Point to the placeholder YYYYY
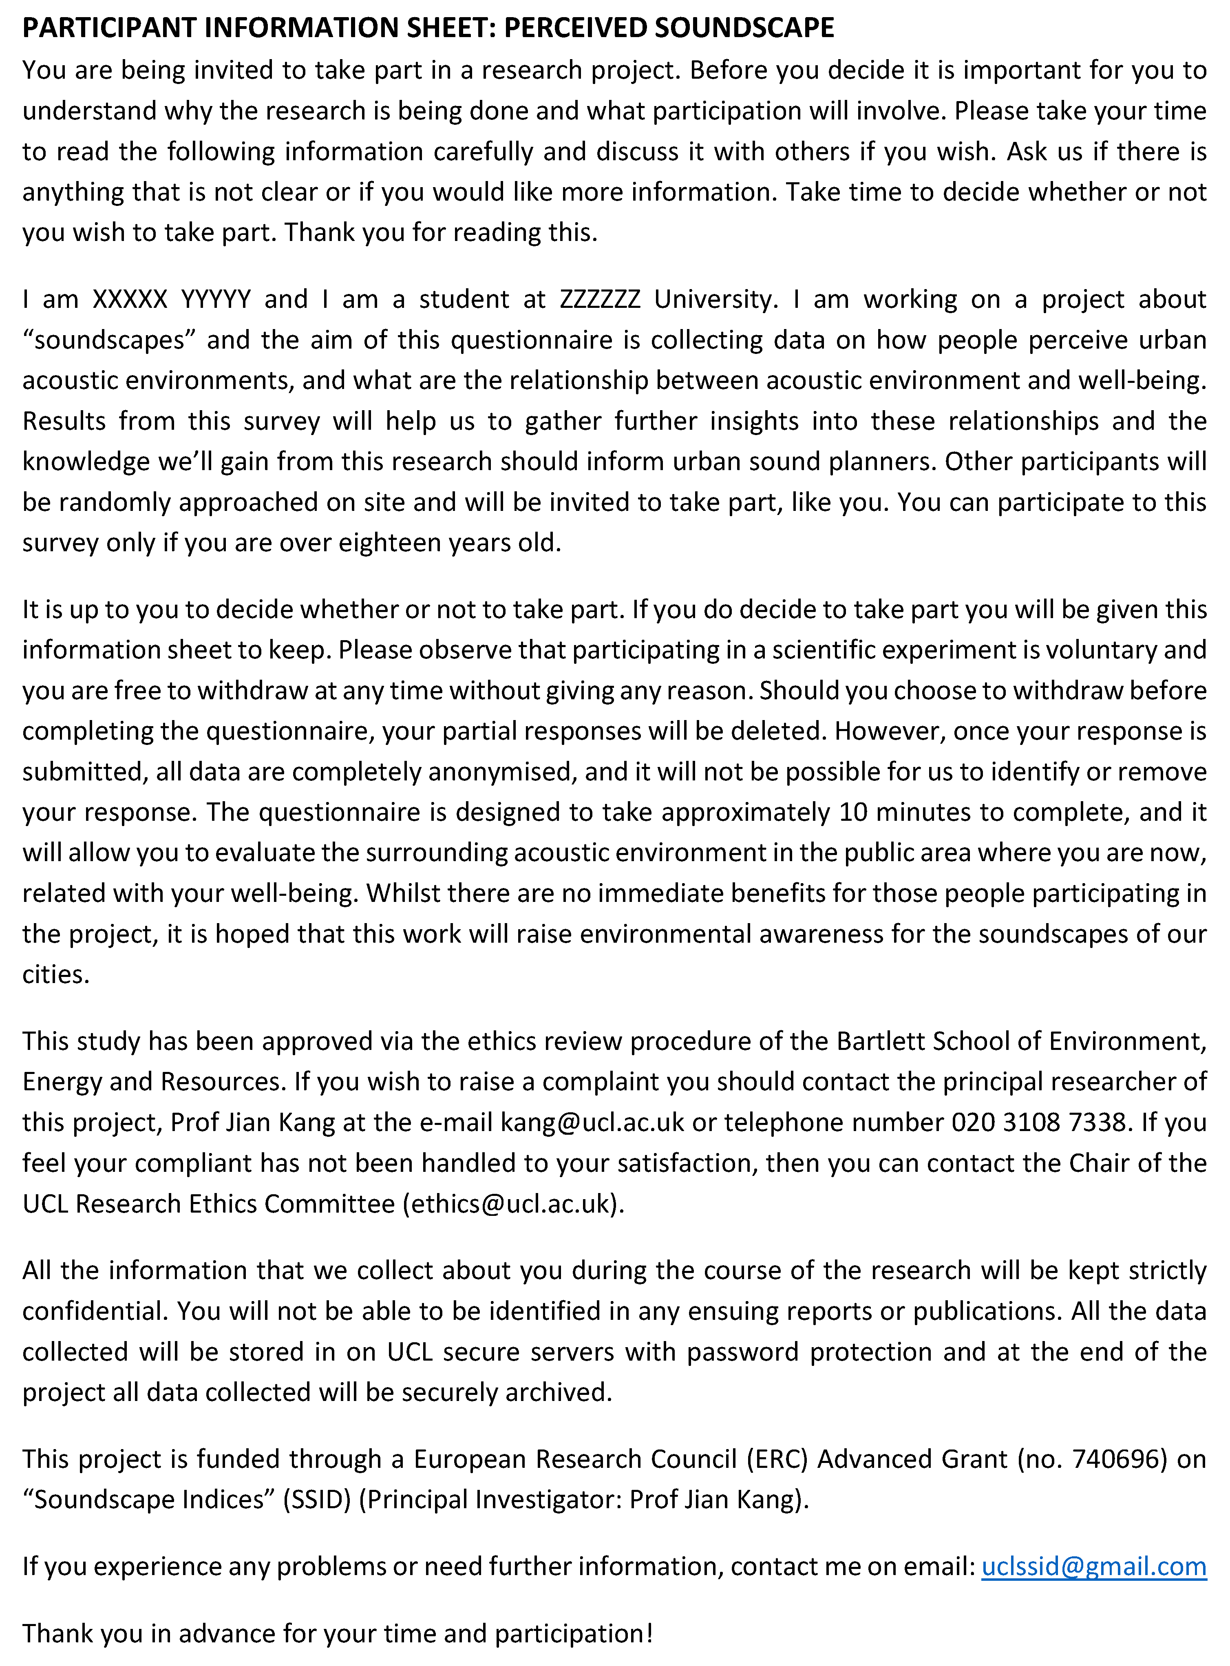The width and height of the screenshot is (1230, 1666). pos(216,299)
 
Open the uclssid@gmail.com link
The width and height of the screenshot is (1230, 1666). pos(1094,1566)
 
